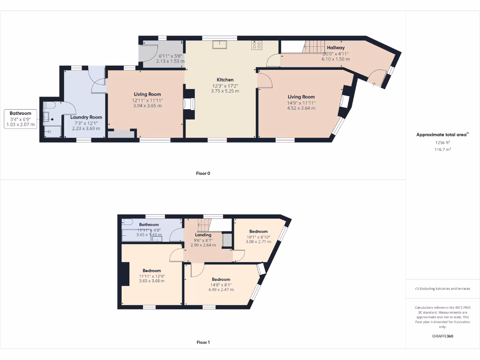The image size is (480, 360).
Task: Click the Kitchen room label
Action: tap(225, 80)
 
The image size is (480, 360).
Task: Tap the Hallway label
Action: tap(336, 48)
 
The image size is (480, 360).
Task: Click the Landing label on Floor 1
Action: tap(203, 235)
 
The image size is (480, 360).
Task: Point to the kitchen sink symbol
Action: tap(219, 45)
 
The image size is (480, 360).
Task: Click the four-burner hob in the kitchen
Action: tap(256, 45)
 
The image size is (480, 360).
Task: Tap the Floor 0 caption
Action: tap(203, 173)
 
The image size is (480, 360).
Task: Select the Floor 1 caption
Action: tap(203, 342)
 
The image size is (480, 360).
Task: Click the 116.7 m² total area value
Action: tap(442, 149)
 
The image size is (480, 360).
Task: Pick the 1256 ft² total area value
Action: tap(442, 142)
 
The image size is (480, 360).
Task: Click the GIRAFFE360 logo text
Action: tap(442, 336)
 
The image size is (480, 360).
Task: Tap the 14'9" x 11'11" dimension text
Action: tap(301, 103)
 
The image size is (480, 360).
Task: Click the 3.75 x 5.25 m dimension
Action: tap(225, 91)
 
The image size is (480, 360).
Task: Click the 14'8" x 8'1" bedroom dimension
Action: tap(221, 285)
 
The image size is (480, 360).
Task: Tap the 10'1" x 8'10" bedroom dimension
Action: tap(258, 237)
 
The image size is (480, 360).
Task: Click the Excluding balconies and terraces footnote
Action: tap(442, 289)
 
